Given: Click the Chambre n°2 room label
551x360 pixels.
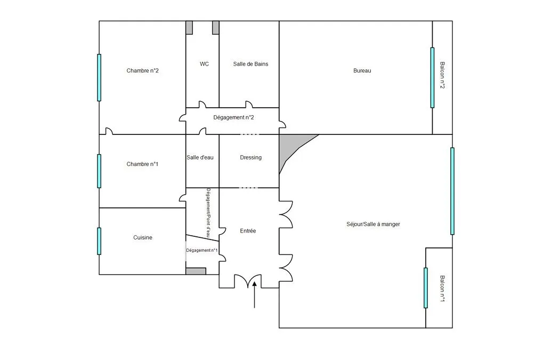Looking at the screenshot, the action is click(142, 70).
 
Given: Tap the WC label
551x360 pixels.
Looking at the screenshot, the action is click(204, 64).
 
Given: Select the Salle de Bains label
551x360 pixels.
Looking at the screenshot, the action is click(250, 64).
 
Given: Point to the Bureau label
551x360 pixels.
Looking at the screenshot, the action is click(362, 70).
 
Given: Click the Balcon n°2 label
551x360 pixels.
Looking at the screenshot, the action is click(442, 75).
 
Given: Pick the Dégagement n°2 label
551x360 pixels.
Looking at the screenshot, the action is click(234, 117).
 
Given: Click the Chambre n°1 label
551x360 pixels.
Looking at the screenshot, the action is click(142, 164).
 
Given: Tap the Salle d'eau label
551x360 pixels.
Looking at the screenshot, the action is click(200, 157).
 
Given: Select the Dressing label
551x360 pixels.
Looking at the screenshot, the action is click(250, 157).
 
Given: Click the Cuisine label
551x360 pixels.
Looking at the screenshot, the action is click(143, 238).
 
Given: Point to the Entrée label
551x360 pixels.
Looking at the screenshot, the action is click(248, 231).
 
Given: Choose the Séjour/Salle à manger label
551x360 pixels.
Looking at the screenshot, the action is click(373, 225).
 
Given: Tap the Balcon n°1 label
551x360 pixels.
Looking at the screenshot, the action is click(442, 289).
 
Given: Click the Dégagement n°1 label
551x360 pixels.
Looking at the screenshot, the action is click(202, 250).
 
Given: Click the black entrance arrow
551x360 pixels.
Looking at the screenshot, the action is click(254, 294).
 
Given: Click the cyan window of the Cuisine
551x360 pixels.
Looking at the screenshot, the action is click(99, 241).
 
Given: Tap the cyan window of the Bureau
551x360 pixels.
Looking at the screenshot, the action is click(432, 78).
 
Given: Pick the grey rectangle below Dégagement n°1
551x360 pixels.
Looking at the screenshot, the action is click(196, 271).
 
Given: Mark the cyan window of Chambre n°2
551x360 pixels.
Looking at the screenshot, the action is click(99, 78).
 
